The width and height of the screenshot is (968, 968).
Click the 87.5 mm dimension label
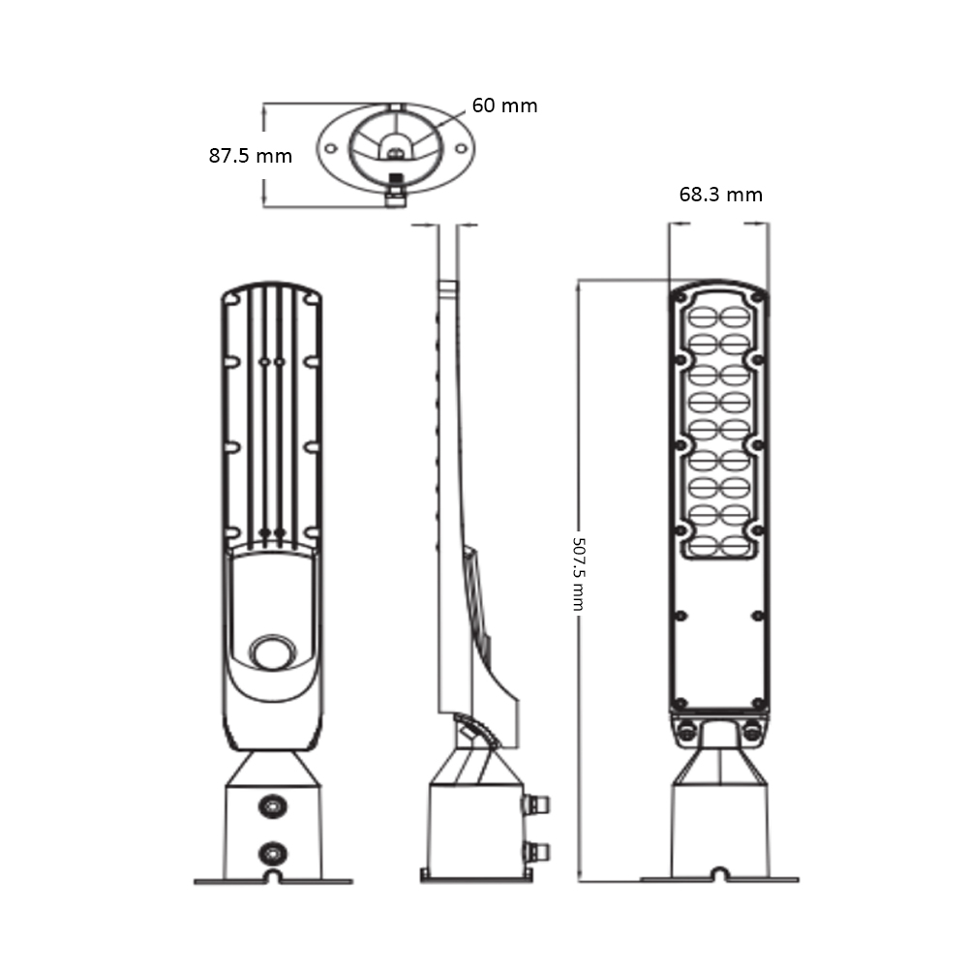pos(250,155)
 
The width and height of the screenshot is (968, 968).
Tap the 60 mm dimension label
pos(504,106)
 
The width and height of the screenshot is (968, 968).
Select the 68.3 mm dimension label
pos(720,195)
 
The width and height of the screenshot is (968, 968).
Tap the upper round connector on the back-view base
pos(273,805)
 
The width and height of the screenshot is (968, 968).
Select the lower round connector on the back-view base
pos(273,852)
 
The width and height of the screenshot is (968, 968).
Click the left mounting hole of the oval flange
pos(330,149)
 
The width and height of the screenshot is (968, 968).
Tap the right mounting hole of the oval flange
pos(461,149)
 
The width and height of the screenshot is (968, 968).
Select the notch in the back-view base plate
pos(273,877)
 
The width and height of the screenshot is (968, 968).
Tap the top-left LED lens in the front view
pos(703,317)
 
